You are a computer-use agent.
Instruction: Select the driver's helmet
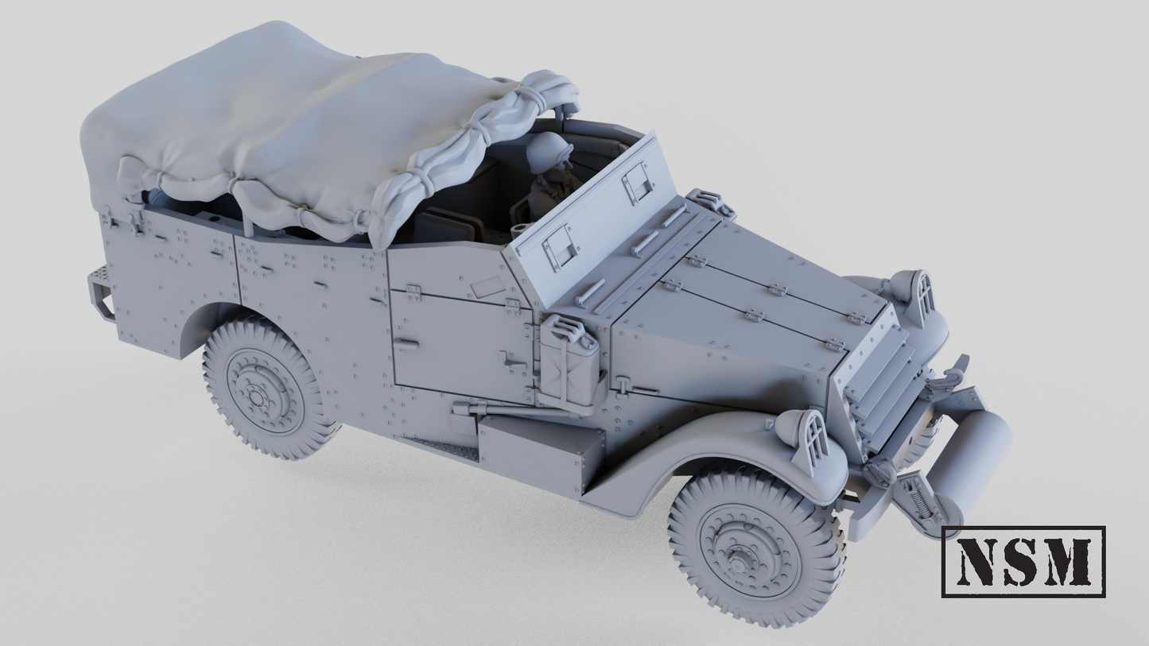click(549, 150)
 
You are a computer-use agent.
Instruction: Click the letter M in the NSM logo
click(1066, 562)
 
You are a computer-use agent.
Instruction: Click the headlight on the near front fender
click(804, 438)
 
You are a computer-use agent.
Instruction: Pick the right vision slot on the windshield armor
click(638, 184)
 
